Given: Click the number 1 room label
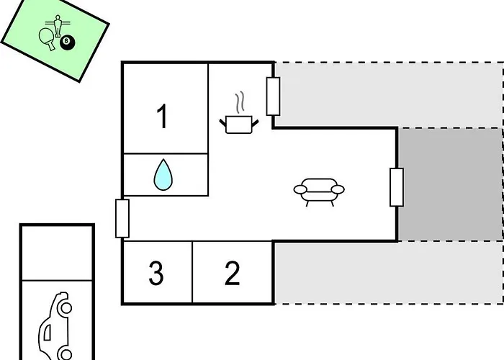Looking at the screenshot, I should coord(163,116).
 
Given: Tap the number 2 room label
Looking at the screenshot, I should coord(232,274).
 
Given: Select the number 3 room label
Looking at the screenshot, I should coord(156,274).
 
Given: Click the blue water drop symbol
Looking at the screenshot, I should coord(165,175).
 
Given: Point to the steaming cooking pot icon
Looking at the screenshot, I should coord(240,124).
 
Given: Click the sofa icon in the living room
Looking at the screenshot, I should coord(319,191).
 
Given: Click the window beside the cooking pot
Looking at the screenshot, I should coord(273,96).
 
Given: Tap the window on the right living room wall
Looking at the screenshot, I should coord(396,187).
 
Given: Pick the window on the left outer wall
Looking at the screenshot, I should coord(122,218).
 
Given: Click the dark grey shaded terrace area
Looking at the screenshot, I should coord(449,184).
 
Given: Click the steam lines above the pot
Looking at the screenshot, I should coord(242,101).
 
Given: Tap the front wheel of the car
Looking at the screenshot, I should coord(65,308).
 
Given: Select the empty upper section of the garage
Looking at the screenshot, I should coord(57,252).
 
